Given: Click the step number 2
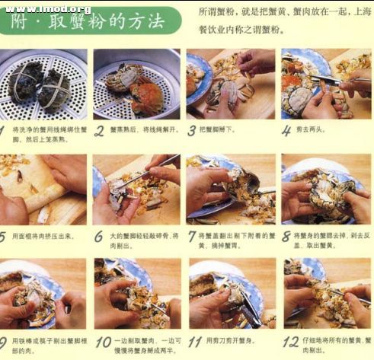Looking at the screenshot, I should [98, 131].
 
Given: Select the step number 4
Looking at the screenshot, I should [286, 131].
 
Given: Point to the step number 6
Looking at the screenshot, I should [98, 237].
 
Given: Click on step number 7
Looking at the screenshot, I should [192, 237].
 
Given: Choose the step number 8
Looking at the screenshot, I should [286, 237].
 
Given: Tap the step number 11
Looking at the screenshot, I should [194, 342].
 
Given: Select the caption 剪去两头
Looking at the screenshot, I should [313, 131].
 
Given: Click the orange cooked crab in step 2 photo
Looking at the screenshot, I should [145, 97].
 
